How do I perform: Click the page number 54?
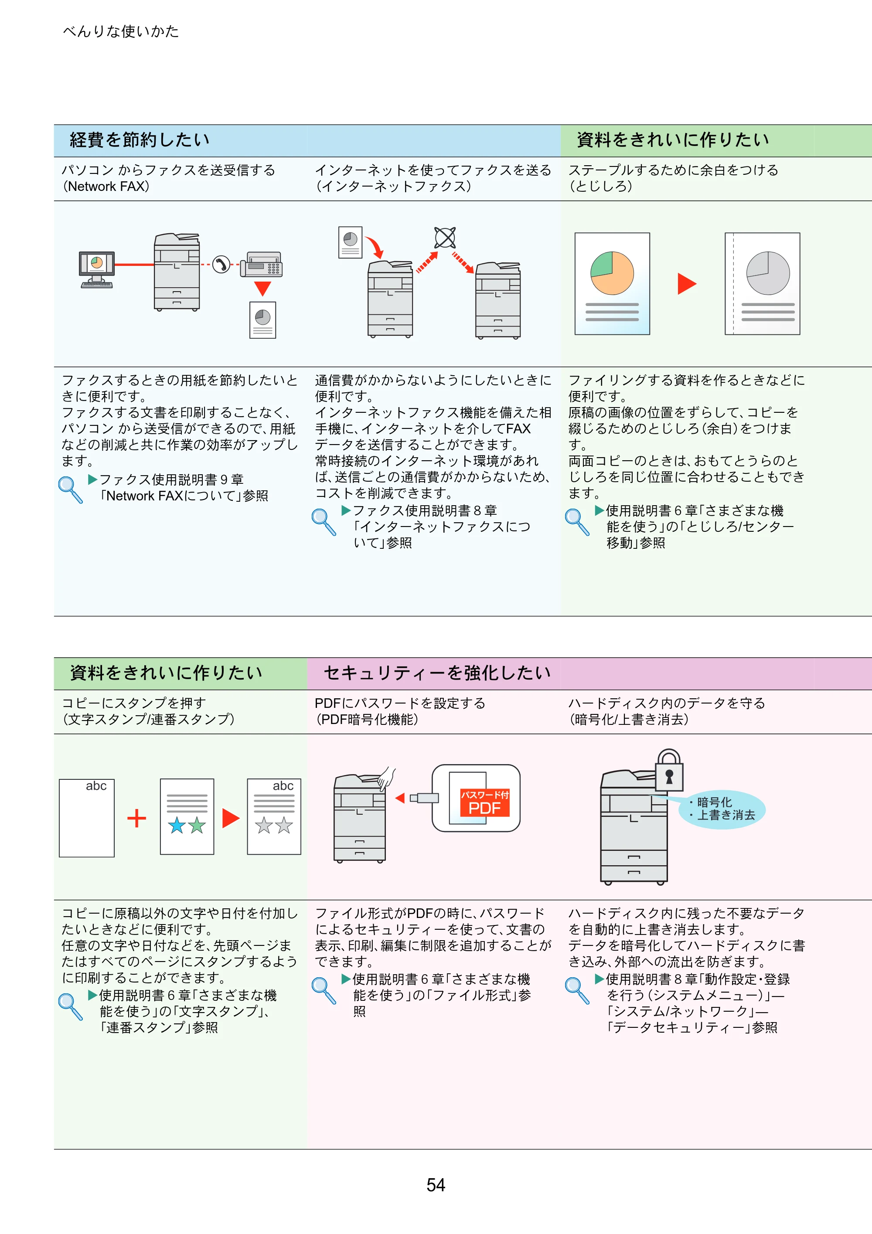pos(436,1185)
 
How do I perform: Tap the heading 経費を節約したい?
pos(140,140)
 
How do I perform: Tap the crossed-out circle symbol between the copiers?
pos(445,238)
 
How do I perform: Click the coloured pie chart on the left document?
pos(612,273)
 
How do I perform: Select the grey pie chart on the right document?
pos(768,273)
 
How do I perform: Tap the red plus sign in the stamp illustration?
pos(136,819)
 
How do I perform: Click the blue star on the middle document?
pos(177,825)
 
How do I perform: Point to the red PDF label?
pos(484,803)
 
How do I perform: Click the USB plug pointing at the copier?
pos(424,798)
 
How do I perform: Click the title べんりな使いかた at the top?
pos(121,32)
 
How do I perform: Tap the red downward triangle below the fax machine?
pos(262,289)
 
